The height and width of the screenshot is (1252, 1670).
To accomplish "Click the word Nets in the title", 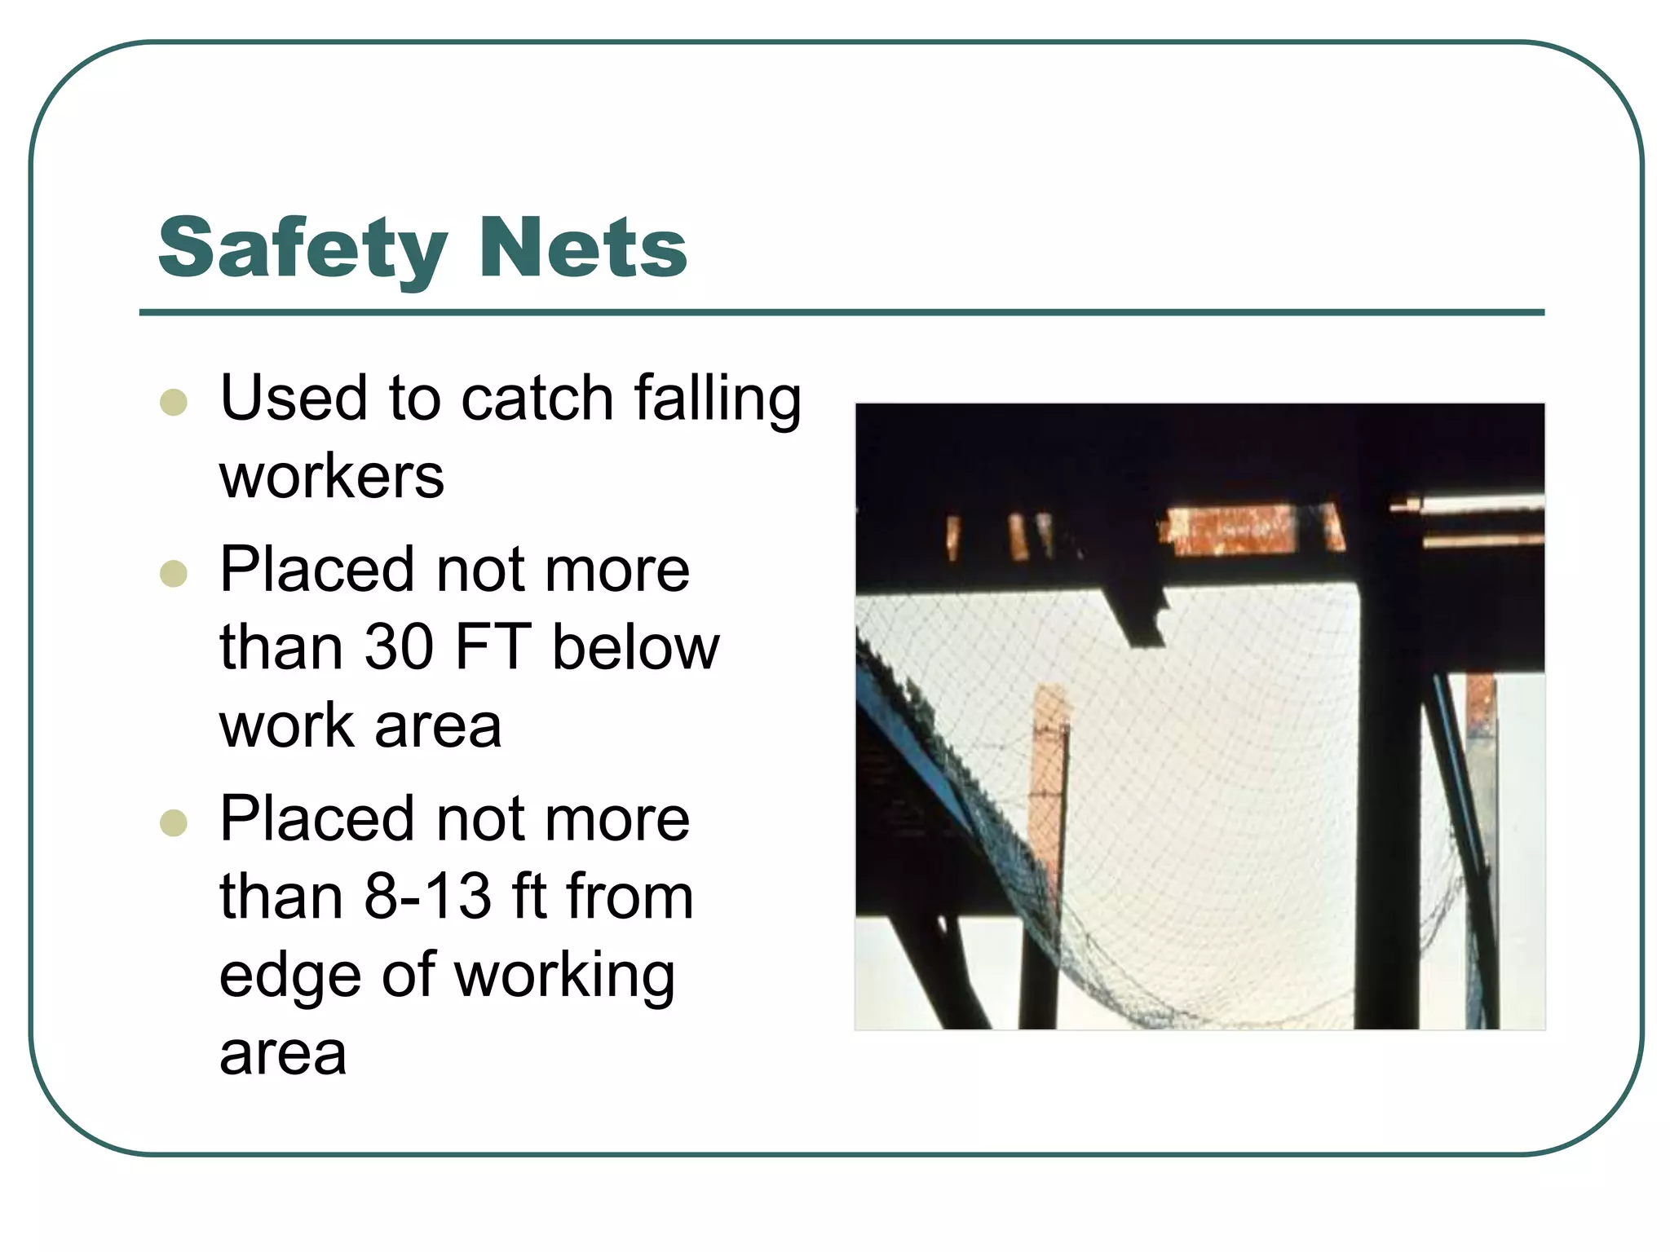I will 584,248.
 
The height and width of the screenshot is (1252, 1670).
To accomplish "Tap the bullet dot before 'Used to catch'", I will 174,402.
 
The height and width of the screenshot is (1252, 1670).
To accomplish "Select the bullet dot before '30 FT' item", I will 174,573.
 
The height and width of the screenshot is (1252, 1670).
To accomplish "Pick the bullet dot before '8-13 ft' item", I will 174,822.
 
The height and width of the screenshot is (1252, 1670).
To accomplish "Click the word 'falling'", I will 718,399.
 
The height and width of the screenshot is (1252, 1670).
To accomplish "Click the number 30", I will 399,647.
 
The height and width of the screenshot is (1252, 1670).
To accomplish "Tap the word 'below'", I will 636,647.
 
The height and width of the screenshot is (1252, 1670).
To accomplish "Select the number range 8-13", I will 427,897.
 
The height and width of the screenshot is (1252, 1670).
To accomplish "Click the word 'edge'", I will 289,976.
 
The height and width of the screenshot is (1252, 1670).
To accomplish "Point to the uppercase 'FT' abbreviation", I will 493,647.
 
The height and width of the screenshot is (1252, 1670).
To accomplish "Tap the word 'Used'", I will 294,399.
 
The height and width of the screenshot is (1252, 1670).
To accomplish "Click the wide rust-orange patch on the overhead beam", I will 1231,530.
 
